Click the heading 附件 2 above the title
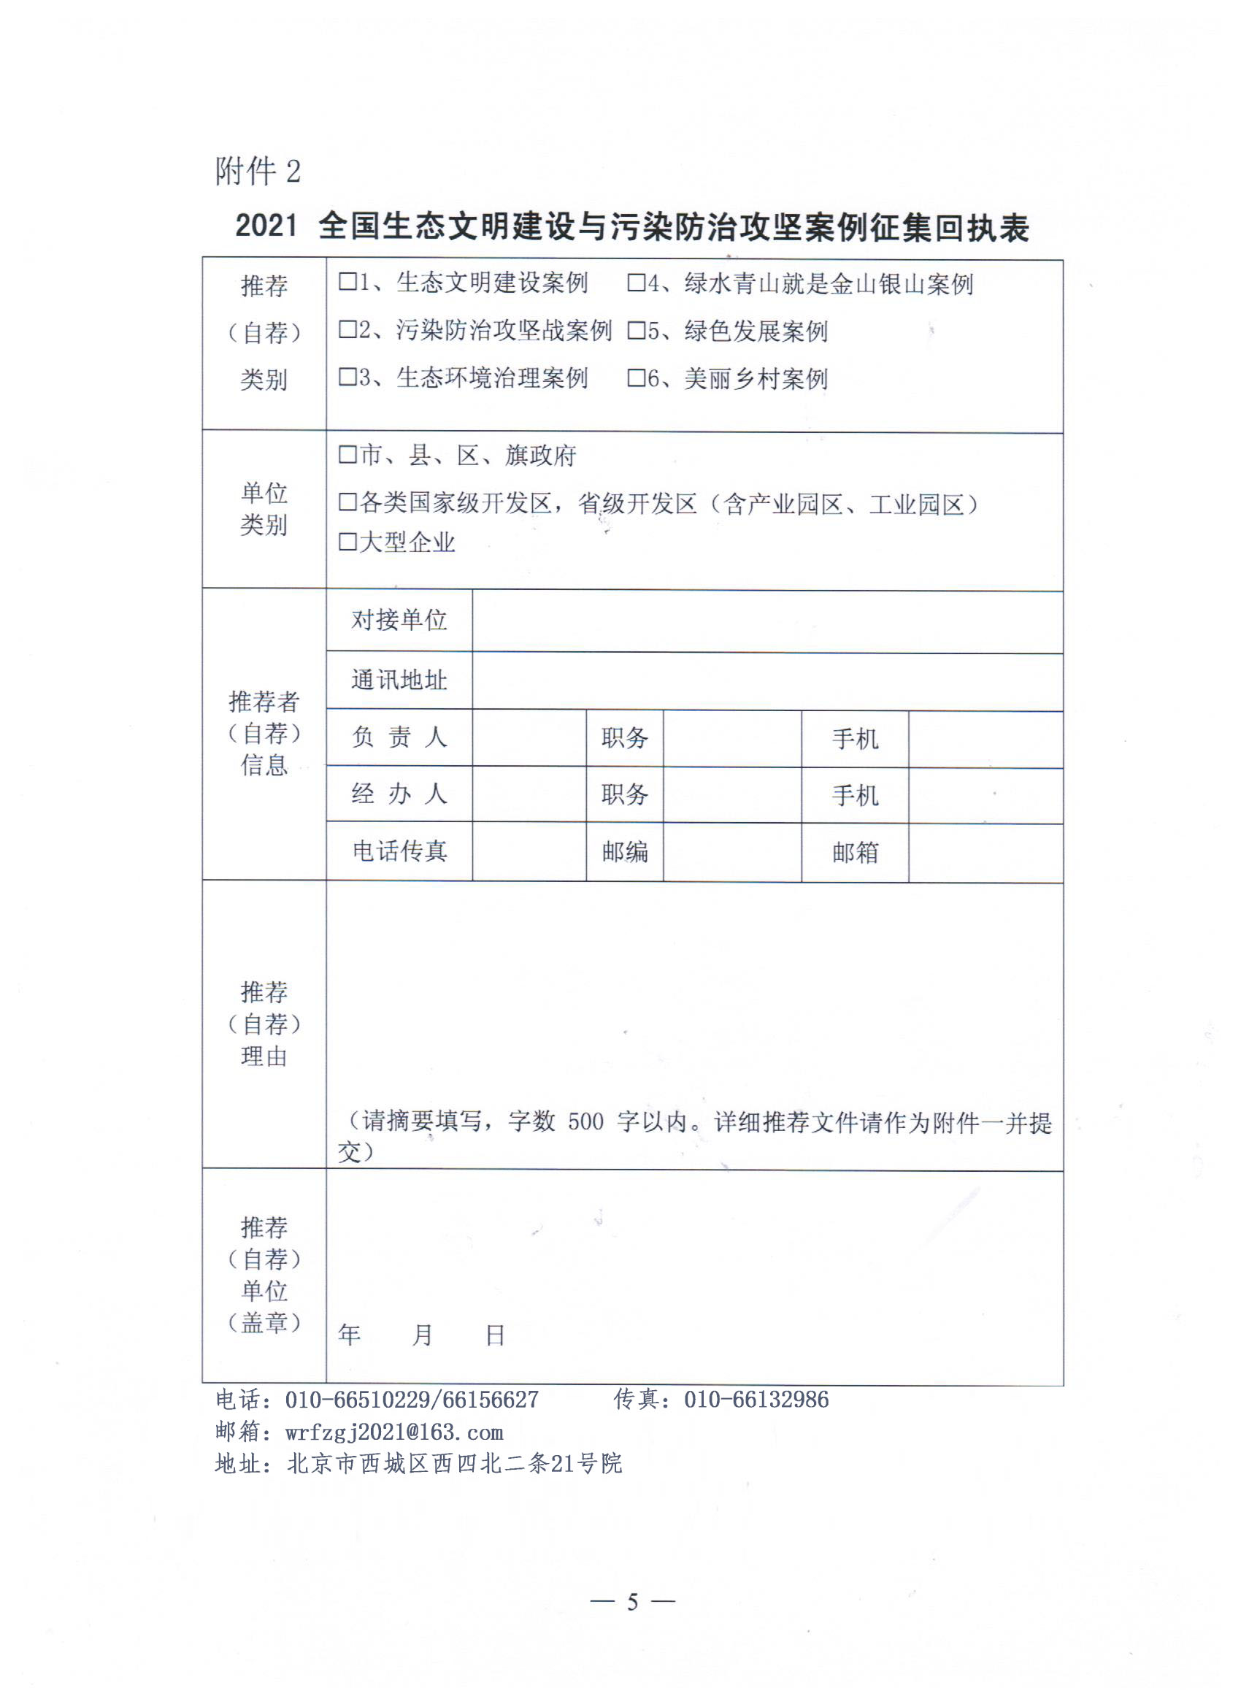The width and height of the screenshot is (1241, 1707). point(258,172)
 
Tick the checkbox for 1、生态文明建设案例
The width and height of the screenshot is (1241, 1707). point(347,283)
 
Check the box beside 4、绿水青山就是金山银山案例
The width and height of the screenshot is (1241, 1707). point(636,283)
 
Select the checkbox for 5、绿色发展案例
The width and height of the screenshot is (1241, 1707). point(636,331)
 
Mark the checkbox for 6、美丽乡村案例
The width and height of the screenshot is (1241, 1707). point(636,377)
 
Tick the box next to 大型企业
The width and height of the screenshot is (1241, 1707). point(347,542)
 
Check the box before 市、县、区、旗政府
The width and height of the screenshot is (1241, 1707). point(347,455)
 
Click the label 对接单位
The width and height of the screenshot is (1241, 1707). point(399,620)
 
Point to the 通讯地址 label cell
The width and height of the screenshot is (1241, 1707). point(399,680)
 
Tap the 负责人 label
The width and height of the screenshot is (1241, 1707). point(399,737)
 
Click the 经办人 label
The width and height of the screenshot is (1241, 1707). point(399,794)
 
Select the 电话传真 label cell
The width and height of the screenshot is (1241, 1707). point(399,851)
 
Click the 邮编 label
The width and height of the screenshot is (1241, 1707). point(625,852)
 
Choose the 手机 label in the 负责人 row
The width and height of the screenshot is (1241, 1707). point(855,739)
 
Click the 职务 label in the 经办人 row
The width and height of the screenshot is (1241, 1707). point(625,795)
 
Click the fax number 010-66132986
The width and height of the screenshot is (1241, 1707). point(756,1400)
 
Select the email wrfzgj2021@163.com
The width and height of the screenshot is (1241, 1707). point(393,1432)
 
